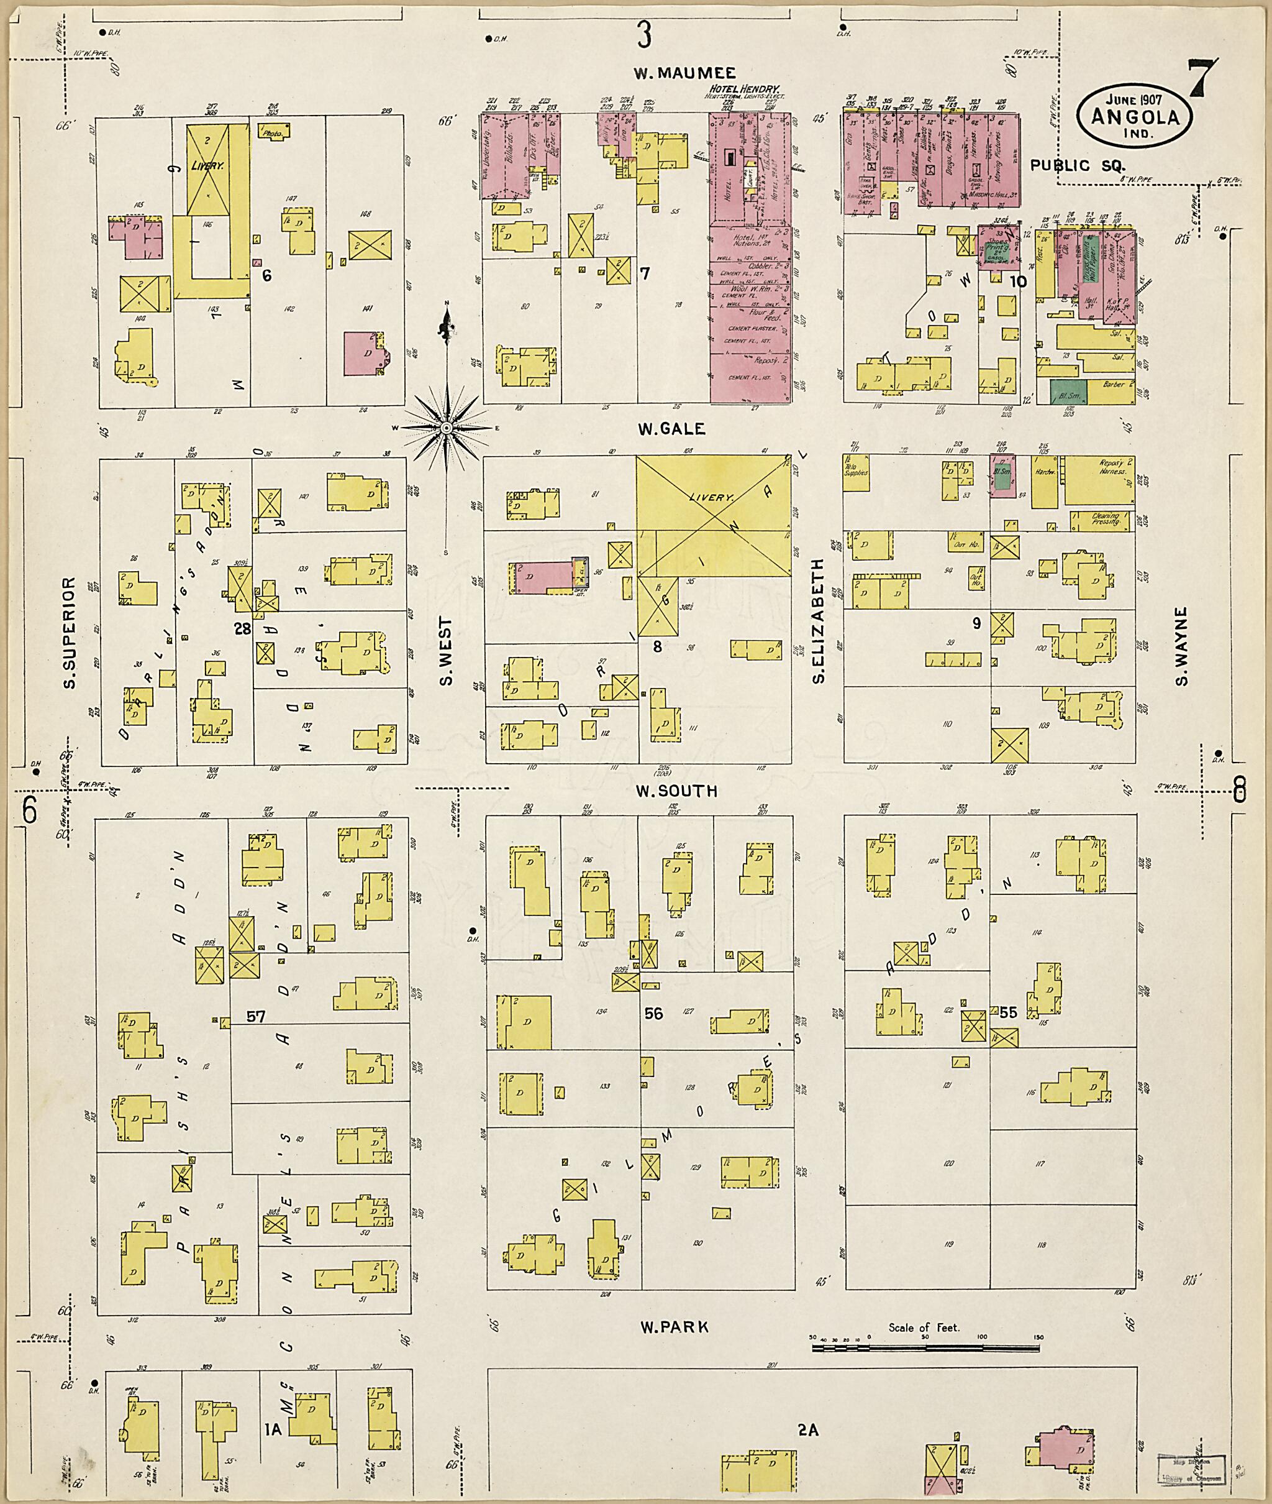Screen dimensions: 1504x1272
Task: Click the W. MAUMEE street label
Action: point(685,73)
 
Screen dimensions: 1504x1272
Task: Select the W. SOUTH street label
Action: point(676,791)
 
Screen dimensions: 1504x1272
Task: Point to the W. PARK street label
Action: point(672,1326)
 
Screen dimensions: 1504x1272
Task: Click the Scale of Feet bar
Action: point(928,1347)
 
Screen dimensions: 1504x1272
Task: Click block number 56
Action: point(653,1014)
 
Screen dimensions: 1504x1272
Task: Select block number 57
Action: point(256,1017)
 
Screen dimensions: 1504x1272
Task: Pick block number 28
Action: point(242,629)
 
